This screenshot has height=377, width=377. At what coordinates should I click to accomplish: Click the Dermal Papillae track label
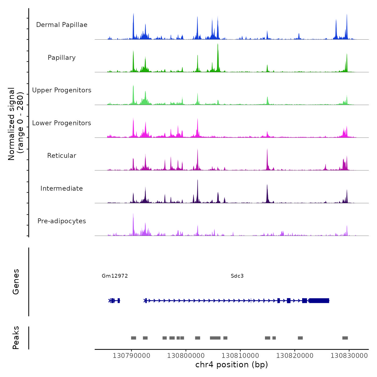(62, 25)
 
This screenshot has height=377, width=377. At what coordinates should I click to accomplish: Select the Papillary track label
(62, 58)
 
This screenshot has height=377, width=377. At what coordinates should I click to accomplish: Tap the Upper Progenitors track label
(62, 90)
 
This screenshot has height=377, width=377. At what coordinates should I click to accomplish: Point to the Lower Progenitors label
(62, 123)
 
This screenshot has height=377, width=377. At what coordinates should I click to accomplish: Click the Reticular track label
(62, 156)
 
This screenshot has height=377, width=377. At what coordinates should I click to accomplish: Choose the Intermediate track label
(62, 188)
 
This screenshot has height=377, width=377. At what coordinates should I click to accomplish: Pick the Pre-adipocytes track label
(62, 221)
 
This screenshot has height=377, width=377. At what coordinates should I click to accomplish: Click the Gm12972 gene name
(115, 276)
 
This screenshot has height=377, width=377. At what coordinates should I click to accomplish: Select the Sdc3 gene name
(237, 276)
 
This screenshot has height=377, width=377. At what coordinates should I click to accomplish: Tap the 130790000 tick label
(131, 356)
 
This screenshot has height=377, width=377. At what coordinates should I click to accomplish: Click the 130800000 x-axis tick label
(186, 356)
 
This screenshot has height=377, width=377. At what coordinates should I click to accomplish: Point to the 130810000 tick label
(240, 356)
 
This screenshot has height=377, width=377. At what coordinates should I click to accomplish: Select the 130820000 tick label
(295, 356)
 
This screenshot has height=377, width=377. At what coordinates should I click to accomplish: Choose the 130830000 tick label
(349, 356)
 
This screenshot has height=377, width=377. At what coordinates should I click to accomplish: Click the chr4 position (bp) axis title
(232, 365)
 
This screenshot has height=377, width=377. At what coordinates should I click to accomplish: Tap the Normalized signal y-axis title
(16, 124)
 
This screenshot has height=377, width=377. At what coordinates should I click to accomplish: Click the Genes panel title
(16, 282)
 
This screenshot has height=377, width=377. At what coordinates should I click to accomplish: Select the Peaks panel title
(16, 338)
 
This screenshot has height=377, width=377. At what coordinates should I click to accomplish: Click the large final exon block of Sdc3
(319, 301)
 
